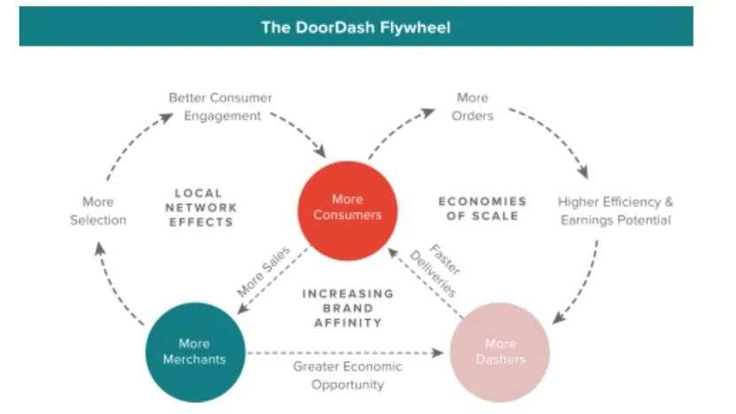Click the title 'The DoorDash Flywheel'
click(356, 27)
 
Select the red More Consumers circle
click(348, 207)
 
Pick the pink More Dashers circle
click(500, 351)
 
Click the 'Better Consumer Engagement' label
click(222, 106)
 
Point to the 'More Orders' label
click(472, 106)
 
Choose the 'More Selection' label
click(98, 211)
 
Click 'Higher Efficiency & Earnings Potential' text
click(615, 211)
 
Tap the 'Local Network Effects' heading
click(205, 207)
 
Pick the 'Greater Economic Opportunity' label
click(348, 375)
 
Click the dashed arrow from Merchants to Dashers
click(345, 353)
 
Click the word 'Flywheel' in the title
click(415, 27)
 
